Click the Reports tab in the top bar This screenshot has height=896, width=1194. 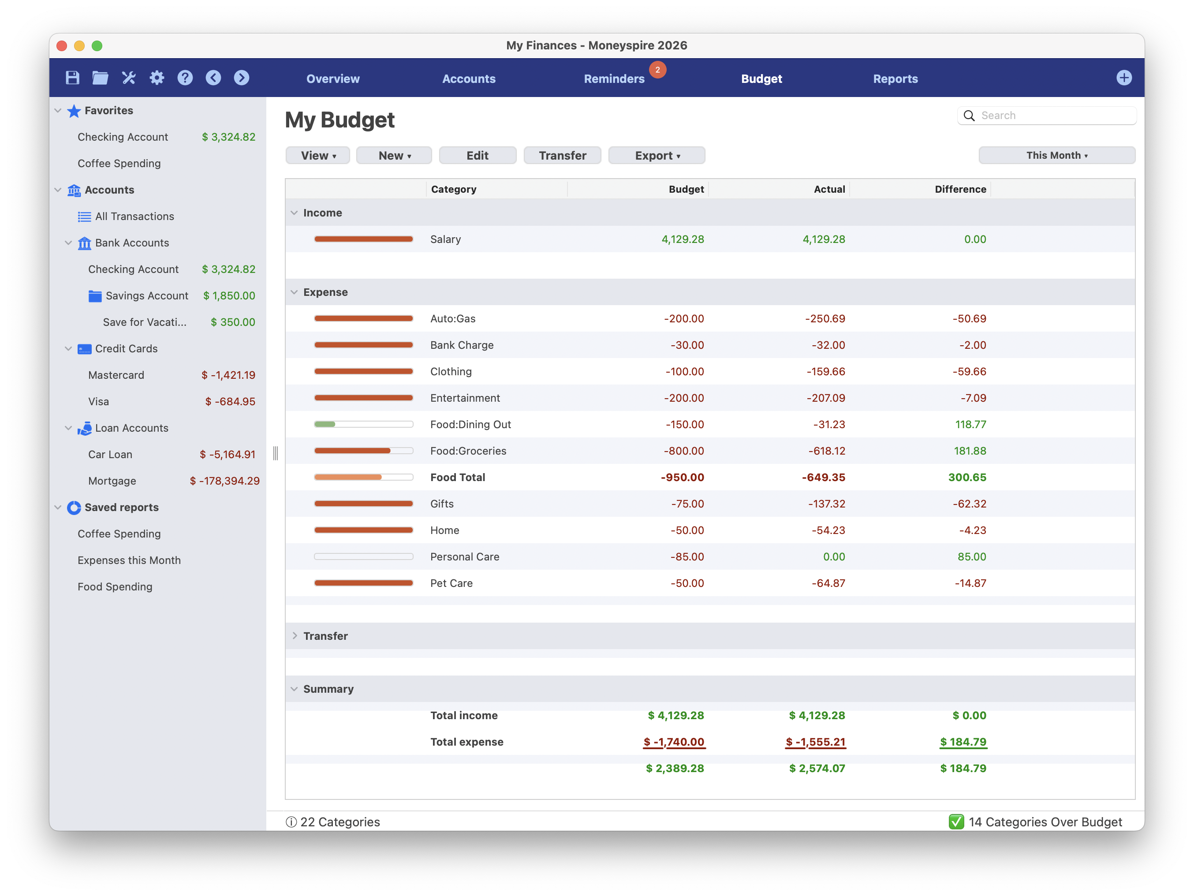click(x=895, y=79)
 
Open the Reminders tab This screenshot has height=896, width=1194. click(x=614, y=79)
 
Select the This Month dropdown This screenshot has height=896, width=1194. click(x=1056, y=156)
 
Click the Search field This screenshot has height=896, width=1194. click(x=1052, y=116)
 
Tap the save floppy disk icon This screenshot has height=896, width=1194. click(x=72, y=78)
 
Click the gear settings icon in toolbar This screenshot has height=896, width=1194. click(x=157, y=78)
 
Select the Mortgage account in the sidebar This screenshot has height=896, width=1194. click(x=112, y=481)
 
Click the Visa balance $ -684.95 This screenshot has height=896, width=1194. click(x=230, y=402)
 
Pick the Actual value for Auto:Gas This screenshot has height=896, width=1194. click(x=825, y=319)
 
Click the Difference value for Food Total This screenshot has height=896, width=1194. click(x=967, y=478)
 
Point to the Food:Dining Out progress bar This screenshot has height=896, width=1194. click(x=363, y=425)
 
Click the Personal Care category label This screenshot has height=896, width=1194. click(x=464, y=557)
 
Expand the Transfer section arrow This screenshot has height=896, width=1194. click(x=294, y=636)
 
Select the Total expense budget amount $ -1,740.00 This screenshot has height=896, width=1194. click(x=674, y=742)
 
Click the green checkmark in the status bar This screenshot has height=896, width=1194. click(x=956, y=822)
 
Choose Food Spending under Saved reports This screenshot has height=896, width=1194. click(x=115, y=587)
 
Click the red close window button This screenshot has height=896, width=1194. click(x=62, y=46)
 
